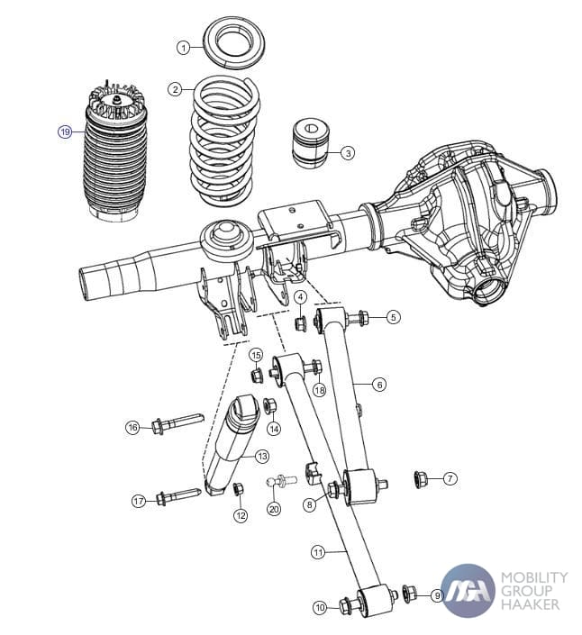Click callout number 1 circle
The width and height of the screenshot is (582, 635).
pyautogui.click(x=184, y=47)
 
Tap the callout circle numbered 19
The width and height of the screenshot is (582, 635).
pyautogui.click(x=65, y=132)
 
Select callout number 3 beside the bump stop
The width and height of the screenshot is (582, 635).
pyautogui.click(x=348, y=153)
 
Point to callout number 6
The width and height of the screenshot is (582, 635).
pyautogui.click(x=379, y=385)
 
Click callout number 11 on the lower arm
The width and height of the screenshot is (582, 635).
pyautogui.click(x=317, y=550)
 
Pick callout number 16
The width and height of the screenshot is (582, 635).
pyautogui.click(x=132, y=427)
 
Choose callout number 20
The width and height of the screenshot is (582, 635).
pyautogui.click(x=274, y=509)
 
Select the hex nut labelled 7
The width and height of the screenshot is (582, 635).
pyautogui.click(x=419, y=477)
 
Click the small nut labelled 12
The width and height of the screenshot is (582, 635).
pyautogui.click(x=238, y=489)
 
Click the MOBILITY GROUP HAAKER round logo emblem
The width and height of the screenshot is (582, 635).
pyautogui.click(x=468, y=590)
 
